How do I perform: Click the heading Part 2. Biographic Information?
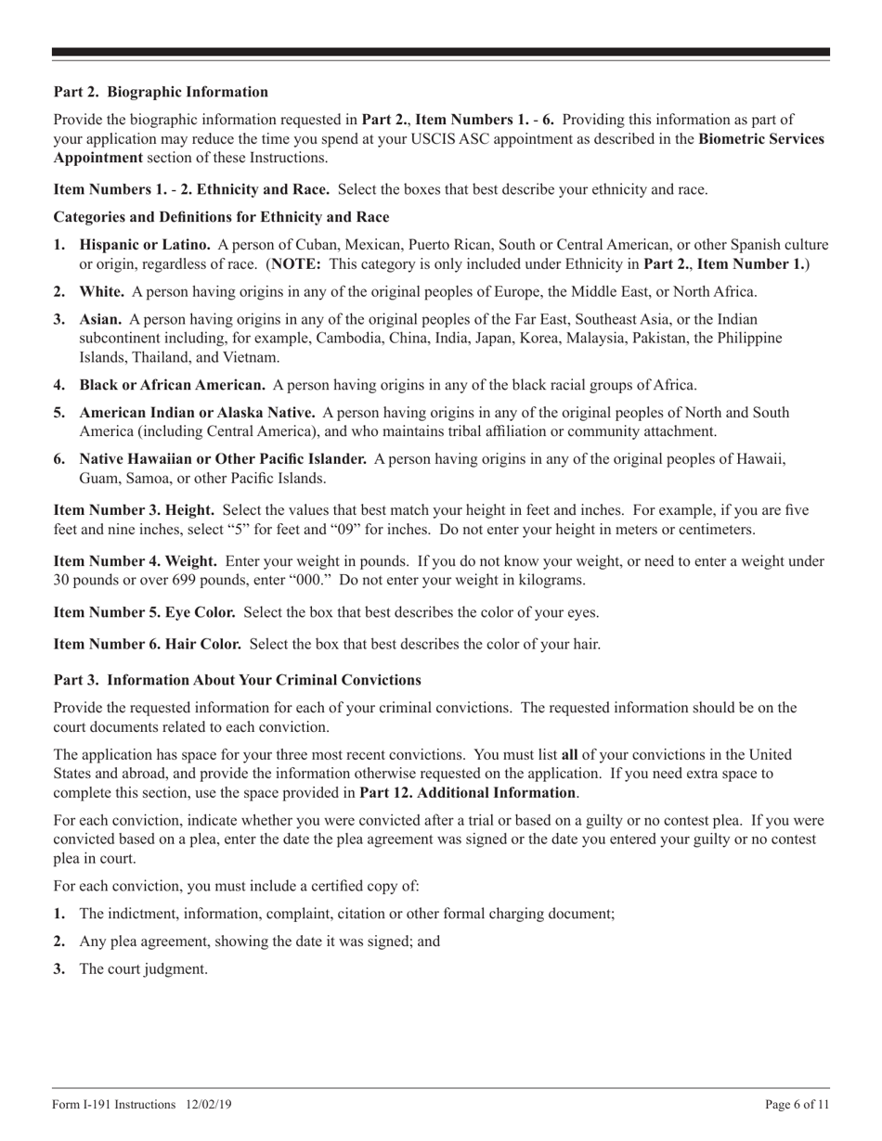pyautogui.click(x=161, y=92)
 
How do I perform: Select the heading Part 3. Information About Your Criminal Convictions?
pyautogui.click(x=237, y=680)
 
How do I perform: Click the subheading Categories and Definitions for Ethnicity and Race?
pyautogui.click(x=221, y=217)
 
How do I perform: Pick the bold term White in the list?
pyautogui.click(x=102, y=292)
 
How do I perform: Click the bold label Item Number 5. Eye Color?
pyautogui.click(x=145, y=612)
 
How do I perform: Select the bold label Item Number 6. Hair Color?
pyautogui.click(x=148, y=644)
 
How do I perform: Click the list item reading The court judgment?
pyautogui.click(x=143, y=968)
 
